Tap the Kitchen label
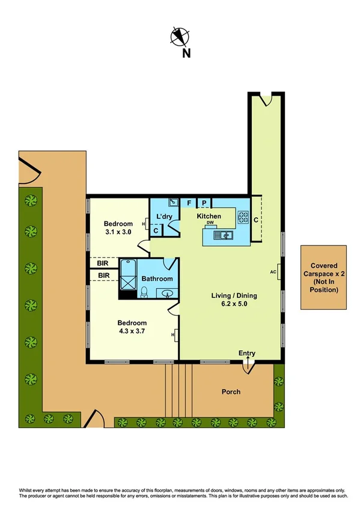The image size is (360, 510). point(209,216)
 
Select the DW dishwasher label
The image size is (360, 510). point(210,223)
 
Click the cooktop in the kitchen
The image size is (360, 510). point(243,217)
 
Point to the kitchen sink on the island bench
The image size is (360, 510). point(226,235)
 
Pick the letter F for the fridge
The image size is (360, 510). point(189,203)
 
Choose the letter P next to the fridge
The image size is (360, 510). point(204,203)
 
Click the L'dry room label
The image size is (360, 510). point(164,216)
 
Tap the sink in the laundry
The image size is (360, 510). point(172,203)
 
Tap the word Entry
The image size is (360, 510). point(247,353)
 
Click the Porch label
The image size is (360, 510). point(231,392)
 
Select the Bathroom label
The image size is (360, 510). point(157,278)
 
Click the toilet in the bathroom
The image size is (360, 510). point(144,292)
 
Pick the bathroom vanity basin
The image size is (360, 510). point(168,293)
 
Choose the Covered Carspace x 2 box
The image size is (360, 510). point(324,277)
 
